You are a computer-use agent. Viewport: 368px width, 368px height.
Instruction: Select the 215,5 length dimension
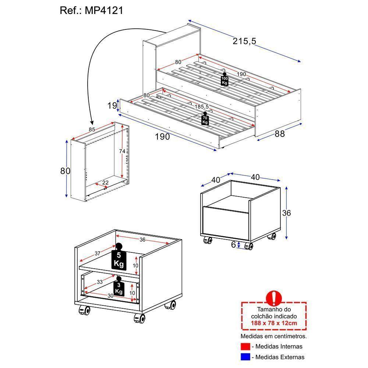pos(244,42)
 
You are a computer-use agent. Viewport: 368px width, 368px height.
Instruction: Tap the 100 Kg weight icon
pos(224,79)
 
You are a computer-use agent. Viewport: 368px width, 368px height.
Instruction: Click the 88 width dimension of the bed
pos(280,134)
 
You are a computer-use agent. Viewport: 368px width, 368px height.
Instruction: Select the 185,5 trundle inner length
pos(202,107)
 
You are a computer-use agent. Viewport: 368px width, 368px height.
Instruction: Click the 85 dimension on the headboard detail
pos(93,130)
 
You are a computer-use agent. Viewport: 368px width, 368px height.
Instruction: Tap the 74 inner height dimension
pos(122,152)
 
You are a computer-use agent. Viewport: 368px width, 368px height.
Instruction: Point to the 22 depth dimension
pos(105,183)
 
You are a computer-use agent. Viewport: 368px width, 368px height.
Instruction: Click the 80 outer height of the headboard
pos(65,171)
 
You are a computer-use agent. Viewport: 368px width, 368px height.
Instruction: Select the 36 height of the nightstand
pos(286,213)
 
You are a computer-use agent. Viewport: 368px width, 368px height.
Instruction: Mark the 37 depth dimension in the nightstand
pos(97,253)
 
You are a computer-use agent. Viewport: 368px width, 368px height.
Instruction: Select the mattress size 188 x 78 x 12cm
pos(274,323)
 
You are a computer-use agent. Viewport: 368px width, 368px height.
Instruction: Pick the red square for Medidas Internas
pos(245,346)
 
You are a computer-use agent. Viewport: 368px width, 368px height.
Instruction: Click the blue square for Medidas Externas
pos(245,357)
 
